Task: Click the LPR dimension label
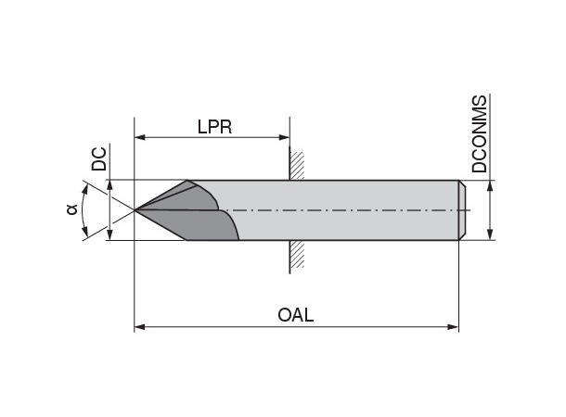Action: pyautogui.click(x=213, y=127)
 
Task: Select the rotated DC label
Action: pyautogui.click(x=98, y=159)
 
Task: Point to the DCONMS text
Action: pyautogui.click(x=479, y=134)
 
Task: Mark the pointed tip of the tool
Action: pyautogui.click(x=136, y=210)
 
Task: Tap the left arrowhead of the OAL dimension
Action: pyautogui.click(x=140, y=326)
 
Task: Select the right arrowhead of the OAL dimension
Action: pyautogui.click(x=455, y=326)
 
